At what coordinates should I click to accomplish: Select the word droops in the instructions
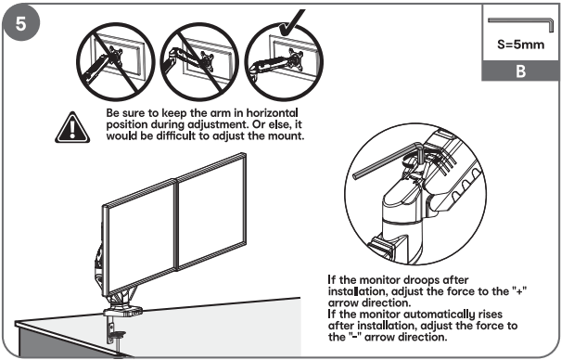425,279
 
